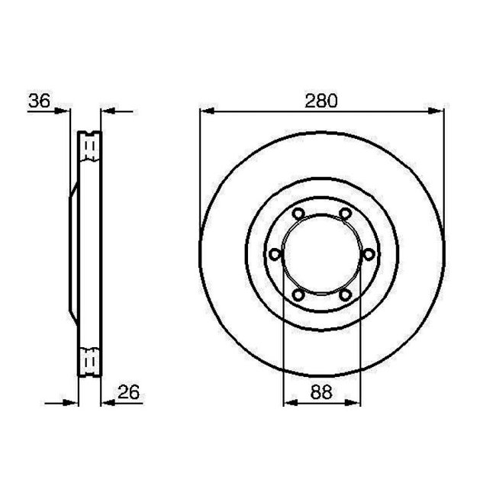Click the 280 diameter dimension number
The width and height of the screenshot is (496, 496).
[321, 100]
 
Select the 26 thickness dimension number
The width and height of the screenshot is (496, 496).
[128, 393]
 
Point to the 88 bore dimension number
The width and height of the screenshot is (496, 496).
[321, 393]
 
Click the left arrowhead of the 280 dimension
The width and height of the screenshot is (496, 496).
[205, 111]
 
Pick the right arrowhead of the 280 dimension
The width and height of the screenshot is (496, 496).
[438, 111]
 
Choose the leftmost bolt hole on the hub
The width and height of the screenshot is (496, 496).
[275, 254]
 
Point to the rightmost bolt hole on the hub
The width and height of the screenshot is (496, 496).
[369, 254]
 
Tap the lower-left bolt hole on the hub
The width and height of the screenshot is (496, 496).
[298, 295]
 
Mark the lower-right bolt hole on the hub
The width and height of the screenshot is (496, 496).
[345, 295]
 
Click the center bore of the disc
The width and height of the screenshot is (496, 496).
[321, 254]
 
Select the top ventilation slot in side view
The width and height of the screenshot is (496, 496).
[90, 147]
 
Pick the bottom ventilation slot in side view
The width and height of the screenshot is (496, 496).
[90, 361]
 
